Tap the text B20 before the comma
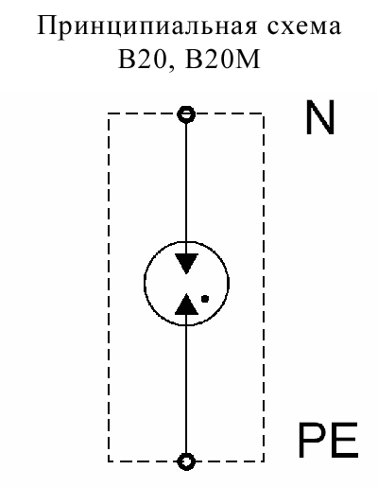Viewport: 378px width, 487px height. [142, 59]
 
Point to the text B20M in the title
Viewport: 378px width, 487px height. [222, 59]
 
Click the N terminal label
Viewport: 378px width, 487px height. [319, 118]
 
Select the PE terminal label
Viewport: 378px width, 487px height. [328, 441]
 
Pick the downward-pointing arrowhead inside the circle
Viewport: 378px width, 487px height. [186, 263]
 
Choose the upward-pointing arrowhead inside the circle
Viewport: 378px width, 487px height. [186, 304]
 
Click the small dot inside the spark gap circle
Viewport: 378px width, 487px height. [205, 299]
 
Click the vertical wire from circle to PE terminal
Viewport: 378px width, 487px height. [186, 384]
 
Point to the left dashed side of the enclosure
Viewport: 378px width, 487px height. [109, 287]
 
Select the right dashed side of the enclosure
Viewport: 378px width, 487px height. [263, 287]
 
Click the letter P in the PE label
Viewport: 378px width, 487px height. [312, 441]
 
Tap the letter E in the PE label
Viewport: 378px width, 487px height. [345, 441]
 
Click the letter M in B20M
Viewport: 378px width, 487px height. [249, 59]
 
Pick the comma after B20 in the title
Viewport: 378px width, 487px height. [171, 67]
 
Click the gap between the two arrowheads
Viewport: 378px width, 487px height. [186, 284]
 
